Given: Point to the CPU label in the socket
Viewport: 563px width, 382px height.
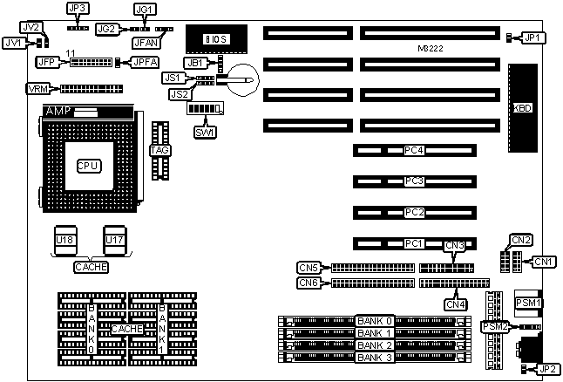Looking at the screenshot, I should pos(89,165).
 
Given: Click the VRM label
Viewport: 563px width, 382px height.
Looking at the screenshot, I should pos(39,89).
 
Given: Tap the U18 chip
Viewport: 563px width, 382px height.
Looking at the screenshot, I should pos(64,238).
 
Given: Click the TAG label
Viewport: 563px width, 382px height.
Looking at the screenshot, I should pos(159,150).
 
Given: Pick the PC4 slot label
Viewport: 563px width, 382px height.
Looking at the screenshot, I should pos(414,150).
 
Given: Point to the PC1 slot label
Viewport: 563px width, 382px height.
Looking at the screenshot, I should pos(414,242).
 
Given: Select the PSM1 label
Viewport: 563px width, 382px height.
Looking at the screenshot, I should pos(529,303).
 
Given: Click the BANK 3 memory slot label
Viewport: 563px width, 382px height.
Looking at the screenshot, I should pos(376,358).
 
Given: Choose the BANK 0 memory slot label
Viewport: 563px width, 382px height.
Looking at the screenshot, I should pos(376,321).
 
